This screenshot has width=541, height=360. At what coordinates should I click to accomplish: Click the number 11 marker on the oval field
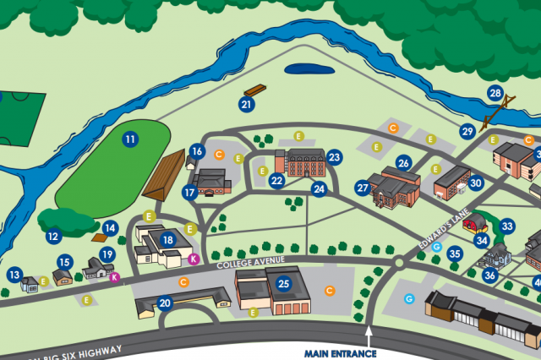click(129, 139)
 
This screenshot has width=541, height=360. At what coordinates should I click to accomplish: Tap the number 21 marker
click(247, 105)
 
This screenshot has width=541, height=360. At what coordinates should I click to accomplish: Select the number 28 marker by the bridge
click(495, 93)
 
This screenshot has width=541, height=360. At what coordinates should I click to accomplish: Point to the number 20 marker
click(165, 303)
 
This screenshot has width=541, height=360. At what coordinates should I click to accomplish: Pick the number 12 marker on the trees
click(53, 237)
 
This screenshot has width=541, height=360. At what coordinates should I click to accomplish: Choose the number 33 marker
click(507, 226)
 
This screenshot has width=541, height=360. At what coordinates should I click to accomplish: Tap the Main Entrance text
click(340, 353)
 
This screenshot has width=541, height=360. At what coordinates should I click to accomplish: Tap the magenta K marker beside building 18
click(193, 259)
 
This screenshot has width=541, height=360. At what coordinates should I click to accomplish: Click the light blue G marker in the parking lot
click(409, 299)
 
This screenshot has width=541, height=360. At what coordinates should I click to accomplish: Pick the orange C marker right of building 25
click(331, 290)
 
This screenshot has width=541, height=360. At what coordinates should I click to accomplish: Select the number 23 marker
click(334, 157)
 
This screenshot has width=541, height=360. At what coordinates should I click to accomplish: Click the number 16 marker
click(197, 152)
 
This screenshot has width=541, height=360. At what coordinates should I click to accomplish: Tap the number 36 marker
click(489, 274)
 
